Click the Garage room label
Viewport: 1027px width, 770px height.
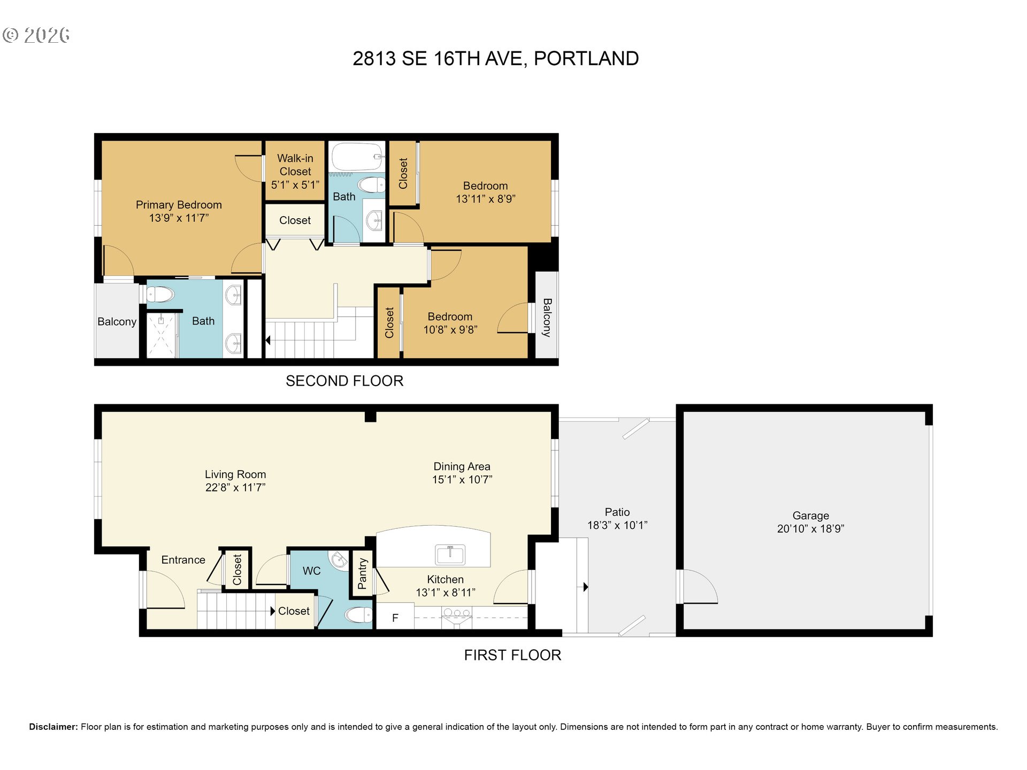point(810,515)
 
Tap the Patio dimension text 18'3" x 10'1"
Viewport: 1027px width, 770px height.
point(617,525)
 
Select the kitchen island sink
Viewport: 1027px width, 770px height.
point(450,555)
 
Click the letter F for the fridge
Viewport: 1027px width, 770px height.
point(395,618)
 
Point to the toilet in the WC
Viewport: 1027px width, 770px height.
point(359,614)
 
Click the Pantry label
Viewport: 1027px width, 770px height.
point(363,574)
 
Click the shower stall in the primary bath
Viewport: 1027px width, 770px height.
point(161,335)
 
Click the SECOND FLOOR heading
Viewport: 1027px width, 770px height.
point(344,381)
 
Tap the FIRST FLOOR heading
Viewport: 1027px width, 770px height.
point(512,655)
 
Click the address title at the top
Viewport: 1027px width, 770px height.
point(495,58)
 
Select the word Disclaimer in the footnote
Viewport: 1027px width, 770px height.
point(53,727)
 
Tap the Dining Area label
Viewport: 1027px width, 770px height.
point(462,466)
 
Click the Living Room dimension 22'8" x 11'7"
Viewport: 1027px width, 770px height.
point(235,487)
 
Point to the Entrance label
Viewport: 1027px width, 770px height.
point(183,560)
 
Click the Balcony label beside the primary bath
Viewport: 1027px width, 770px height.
point(117,321)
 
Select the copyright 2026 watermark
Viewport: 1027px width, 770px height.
point(36,35)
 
